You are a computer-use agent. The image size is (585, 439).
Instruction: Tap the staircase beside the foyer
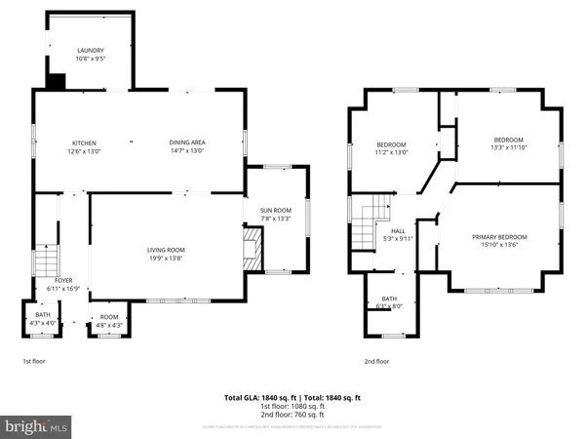44,263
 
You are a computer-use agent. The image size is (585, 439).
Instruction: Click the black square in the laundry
57,82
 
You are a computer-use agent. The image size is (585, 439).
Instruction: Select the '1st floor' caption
33,361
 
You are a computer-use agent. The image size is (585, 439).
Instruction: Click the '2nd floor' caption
376,361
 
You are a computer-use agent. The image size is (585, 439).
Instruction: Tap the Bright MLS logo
36,426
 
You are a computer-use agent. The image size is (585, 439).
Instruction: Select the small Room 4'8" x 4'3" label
108,321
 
